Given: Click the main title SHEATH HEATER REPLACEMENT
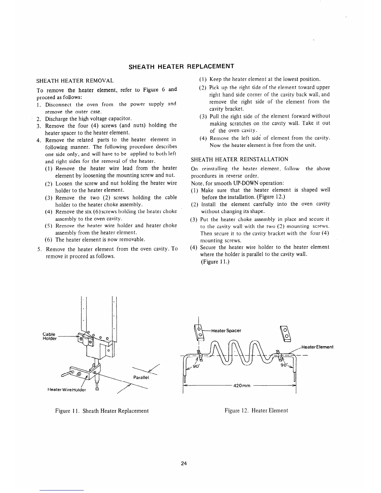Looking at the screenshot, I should click(x=181, y=66).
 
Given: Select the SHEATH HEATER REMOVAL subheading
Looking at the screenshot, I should click(x=75, y=81).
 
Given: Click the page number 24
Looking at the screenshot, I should click(x=184, y=463).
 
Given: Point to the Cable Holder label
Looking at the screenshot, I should click(x=49, y=336).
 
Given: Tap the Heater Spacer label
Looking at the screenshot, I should click(x=226, y=331).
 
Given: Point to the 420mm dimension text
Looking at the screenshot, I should click(x=242, y=386).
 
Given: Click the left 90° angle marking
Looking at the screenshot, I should click(x=196, y=366).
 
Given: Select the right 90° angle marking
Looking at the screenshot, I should click(x=284, y=365).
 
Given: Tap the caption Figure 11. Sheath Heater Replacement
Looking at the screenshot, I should click(x=102, y=411).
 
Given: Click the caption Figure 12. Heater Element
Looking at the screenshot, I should click(x=256, y=411).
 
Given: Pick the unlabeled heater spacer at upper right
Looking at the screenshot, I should click(x=285, y=332).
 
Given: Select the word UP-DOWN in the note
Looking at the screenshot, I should click(x=246, y=183).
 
